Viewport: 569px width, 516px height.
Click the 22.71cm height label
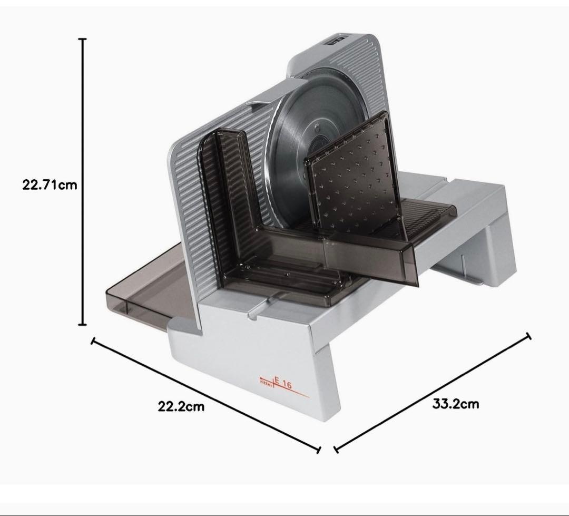(50, 185)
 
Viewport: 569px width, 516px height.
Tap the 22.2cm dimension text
(181, 406)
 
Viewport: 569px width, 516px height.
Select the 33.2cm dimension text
(455, 404)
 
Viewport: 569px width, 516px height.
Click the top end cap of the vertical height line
(83, 38)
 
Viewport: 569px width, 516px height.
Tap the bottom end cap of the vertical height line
(83, 325)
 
